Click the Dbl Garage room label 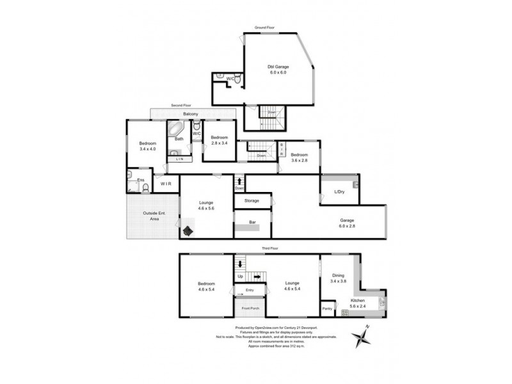tap(276, 69)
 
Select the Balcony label tap(190, 114)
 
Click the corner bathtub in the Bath tap(176, 130)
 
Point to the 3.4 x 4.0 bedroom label tap(148, 146)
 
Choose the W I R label tap(166, 184)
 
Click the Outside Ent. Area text tap(150, 216)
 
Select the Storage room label tap(251, 201)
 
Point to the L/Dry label tap(339, 191)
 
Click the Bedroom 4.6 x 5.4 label tap(206, 286)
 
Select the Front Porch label tap(250, 308)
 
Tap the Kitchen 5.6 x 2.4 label tap(358, 303)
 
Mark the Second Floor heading tap(180, 105)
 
